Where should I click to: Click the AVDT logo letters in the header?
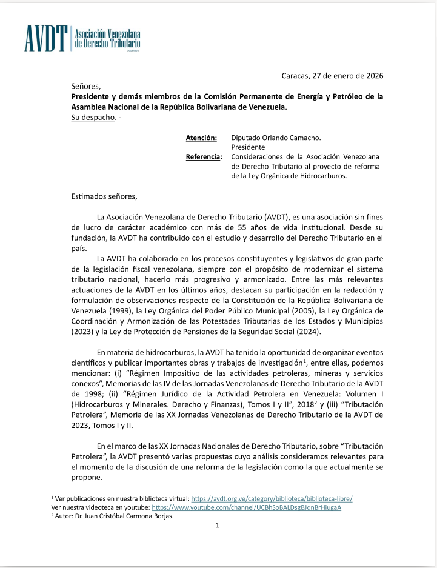[46, 39]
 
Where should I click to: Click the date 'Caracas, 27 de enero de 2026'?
[332, 76]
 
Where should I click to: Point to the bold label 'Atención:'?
[201, 138]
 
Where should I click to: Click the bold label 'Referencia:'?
[204, 157]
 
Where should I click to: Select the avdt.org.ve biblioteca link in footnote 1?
[272, 498]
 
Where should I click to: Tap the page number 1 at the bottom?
[217, 526]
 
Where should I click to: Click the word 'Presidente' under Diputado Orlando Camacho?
[248, 147]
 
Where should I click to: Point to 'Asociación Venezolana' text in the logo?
[107, 33]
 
